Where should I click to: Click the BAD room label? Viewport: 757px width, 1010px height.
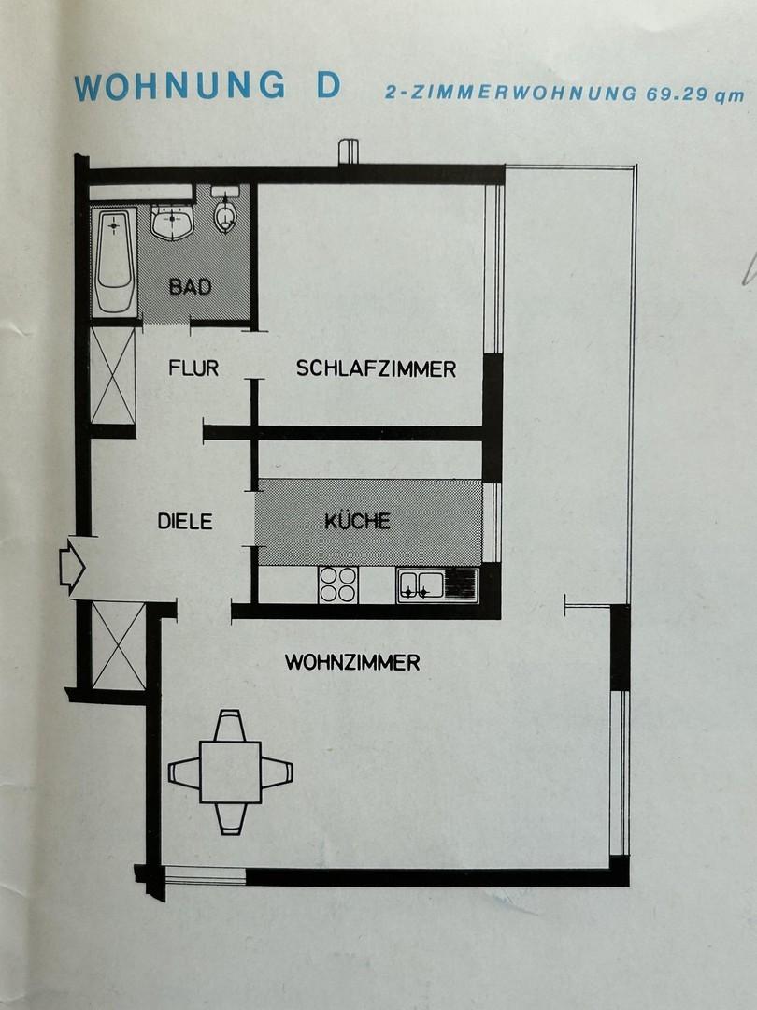[190, 286]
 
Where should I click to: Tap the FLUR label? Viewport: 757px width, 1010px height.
[193, 368]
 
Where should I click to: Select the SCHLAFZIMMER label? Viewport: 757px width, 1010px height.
[376, 368]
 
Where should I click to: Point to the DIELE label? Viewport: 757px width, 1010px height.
[185, 521]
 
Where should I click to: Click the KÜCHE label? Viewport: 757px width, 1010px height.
[357, 520]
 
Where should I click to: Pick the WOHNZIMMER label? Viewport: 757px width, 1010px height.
[352, 662]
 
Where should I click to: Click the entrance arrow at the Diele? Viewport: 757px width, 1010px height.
[72, 567]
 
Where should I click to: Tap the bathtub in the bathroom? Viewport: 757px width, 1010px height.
[114, 261]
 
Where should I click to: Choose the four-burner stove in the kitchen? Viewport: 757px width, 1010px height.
[338, 584]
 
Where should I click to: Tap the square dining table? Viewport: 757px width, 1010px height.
[231, 772]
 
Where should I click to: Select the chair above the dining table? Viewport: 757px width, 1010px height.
[230, 726]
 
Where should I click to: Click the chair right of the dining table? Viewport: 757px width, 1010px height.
[277, 772]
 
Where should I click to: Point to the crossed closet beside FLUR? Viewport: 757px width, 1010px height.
[113, 376]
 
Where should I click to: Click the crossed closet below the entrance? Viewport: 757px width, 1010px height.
[119, 646]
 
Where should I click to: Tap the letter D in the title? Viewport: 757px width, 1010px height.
[328, 86]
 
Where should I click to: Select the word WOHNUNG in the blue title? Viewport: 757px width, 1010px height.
[179, 86]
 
